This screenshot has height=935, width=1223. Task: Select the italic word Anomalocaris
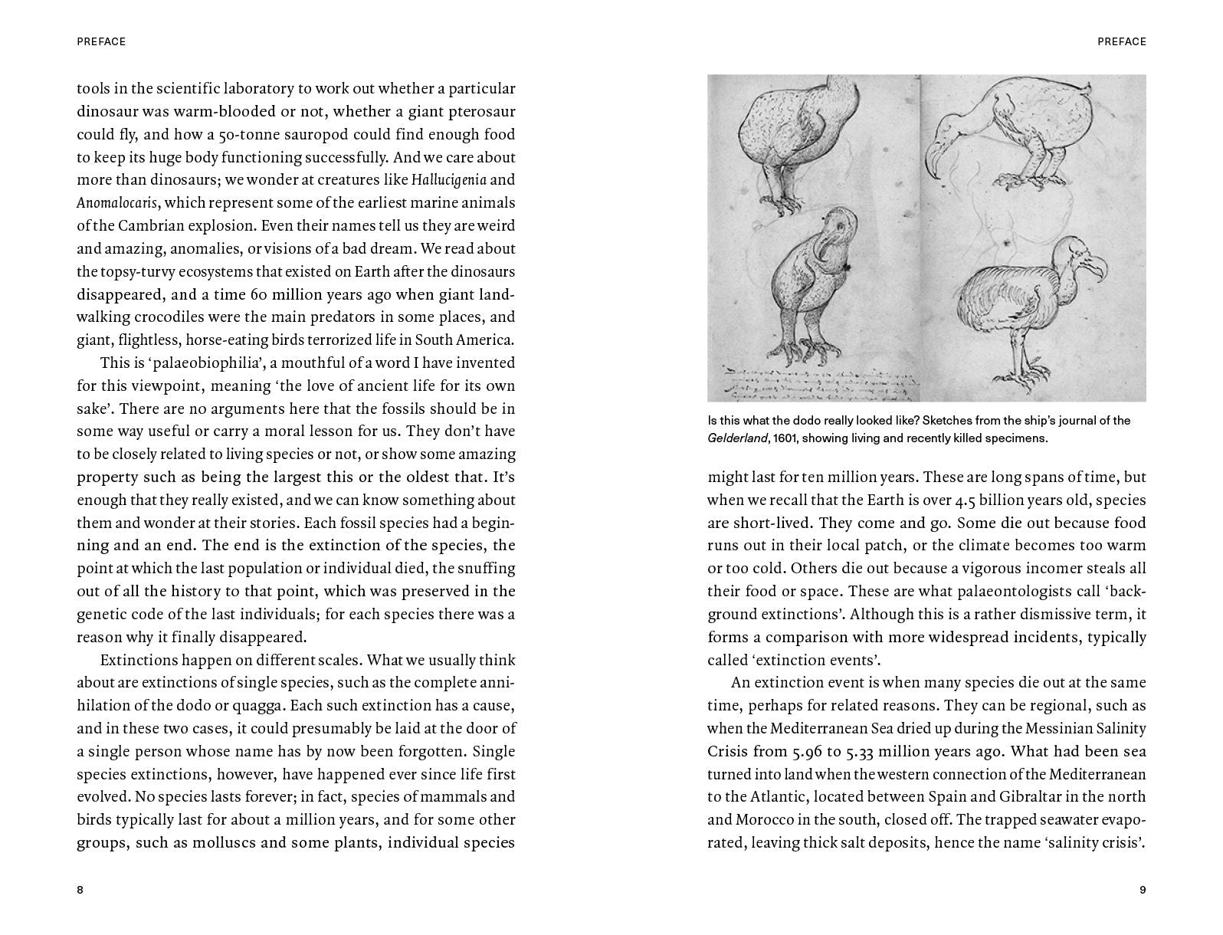116,203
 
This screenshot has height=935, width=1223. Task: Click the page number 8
80,890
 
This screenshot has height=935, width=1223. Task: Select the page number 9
1143,890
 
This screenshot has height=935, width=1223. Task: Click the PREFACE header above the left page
101,41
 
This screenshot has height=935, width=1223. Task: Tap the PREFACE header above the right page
1122,41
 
